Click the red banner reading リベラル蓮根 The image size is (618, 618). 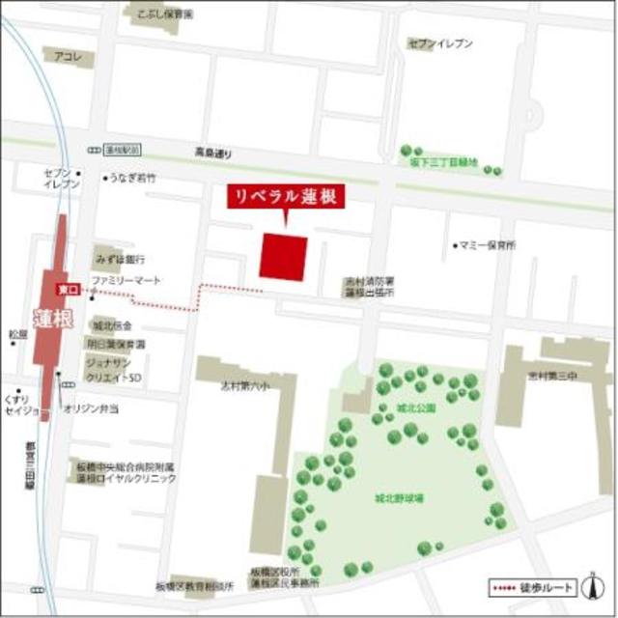click(x=286, y=196)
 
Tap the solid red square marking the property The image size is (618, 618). click(x=284, y=259)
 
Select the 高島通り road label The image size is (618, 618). click(x=214, y=154)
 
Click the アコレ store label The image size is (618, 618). click(x=70, y=56)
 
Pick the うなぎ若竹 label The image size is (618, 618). click(x=132, y=179)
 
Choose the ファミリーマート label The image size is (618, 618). click(x=125, y=281)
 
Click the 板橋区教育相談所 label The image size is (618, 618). click(x=194, y=586)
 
